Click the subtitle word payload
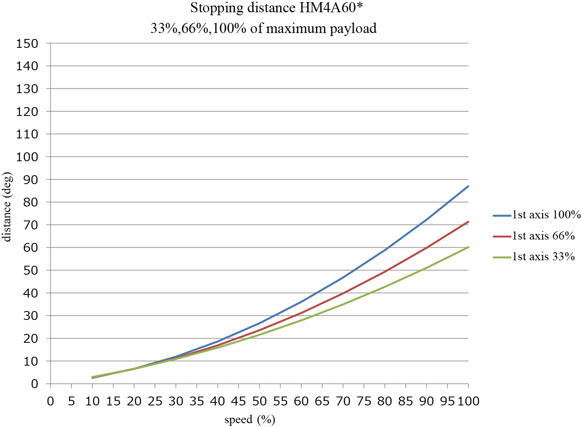[353, 29]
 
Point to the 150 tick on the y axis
[27, 44]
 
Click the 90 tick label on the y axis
[30, 180]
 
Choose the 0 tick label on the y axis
[35, 384]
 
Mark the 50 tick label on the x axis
[259, 401]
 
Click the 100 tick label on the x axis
[468, 401]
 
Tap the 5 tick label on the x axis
[71, 401]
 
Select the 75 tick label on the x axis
[364, 401]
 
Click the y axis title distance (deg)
[7, 207]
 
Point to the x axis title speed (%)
[250, 419]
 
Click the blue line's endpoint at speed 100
[468, 186]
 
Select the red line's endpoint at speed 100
[468, 222]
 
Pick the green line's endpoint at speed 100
[468, 247]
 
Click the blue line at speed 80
[385, 250]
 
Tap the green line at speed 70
[343, 304]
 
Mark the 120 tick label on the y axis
[27, 112]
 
